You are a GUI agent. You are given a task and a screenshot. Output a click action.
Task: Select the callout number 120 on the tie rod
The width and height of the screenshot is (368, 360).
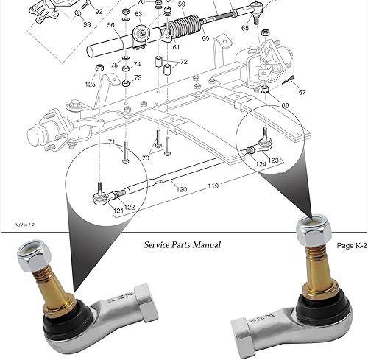click(x=181, y=189)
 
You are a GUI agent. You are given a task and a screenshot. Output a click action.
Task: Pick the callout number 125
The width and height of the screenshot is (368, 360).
click(x=90, y=85)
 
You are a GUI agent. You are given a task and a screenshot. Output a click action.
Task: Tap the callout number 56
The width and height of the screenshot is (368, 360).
click(x=110, y=25)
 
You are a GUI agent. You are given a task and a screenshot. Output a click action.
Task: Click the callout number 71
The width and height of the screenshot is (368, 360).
click(x=112, y=142)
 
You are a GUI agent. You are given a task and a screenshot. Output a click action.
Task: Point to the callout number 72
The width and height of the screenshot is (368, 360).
click(x=183, y=62)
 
